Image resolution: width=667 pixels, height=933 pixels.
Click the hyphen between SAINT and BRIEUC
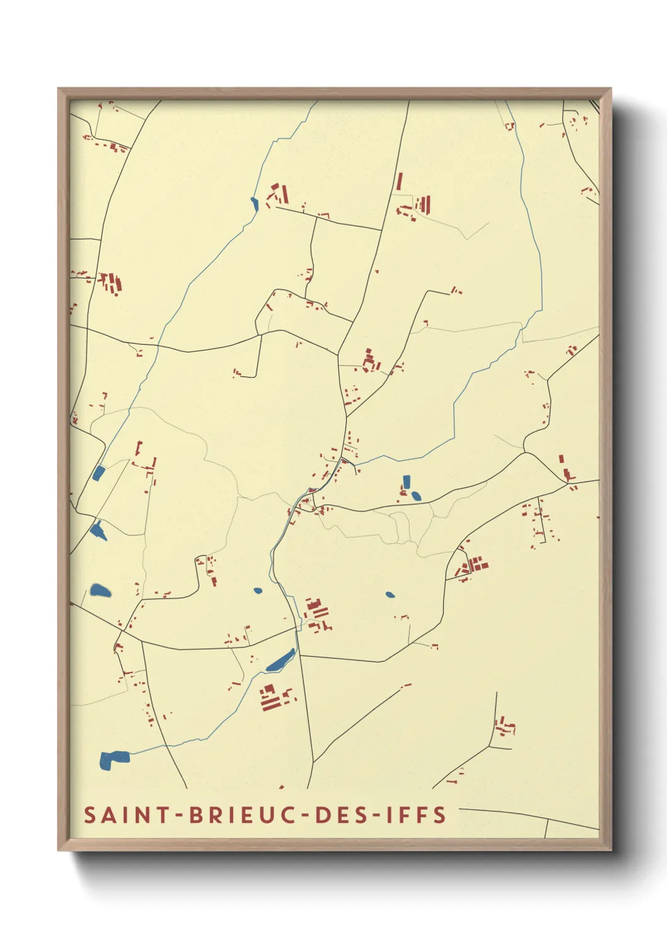coord(179,816)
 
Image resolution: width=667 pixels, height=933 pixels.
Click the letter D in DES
coord(322,815)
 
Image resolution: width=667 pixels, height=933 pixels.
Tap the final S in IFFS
coord(440,815)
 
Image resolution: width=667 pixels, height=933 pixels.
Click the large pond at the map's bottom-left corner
coord(113,759)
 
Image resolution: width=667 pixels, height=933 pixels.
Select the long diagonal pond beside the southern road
coord(281,661)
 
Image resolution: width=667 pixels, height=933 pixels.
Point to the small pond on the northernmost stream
coord(254,203)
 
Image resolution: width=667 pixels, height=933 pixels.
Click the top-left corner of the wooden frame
coord(59,89)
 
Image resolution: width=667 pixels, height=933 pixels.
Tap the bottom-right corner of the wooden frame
coord(610,850)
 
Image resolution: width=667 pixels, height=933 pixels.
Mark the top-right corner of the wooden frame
coord(610,89)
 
